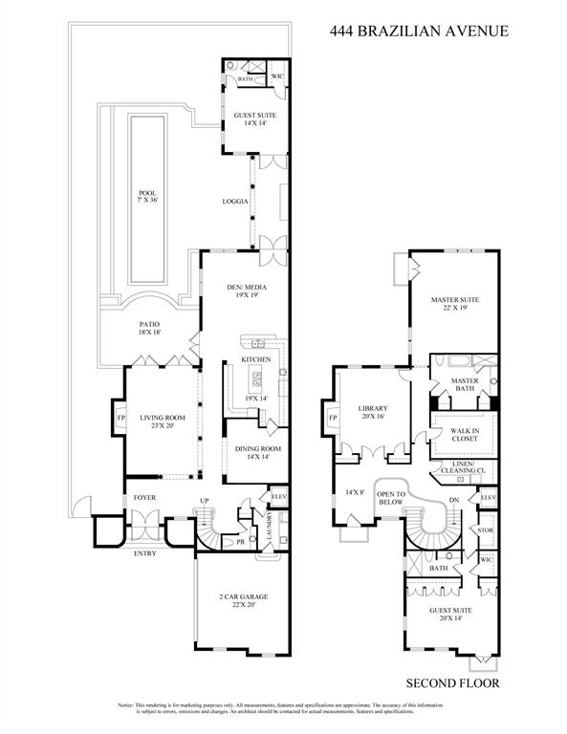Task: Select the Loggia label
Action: click(235, 202)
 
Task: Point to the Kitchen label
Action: click(255, 358)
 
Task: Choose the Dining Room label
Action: click(254, 452)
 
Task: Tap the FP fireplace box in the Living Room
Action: click(120, 419)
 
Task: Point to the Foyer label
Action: click(144, 498)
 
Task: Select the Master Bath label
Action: click(463, 385)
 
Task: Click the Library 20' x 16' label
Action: click(371, 413)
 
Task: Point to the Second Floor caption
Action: click(452, 682)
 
